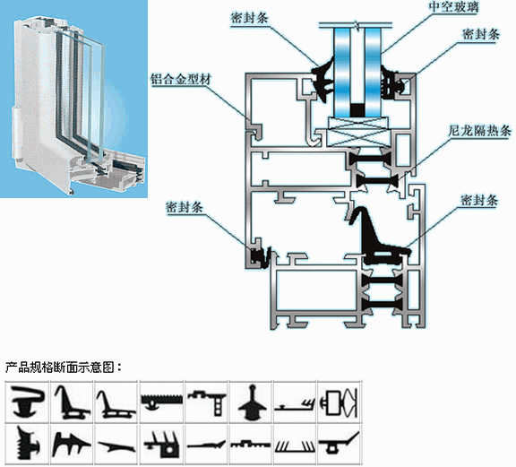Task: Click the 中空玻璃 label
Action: [453, 7]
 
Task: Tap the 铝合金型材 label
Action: [181, 79]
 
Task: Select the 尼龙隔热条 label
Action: [478, 131]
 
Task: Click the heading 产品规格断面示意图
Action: [59, 367]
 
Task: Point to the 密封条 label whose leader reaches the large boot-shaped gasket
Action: [479, 200]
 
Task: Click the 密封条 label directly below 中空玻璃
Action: [481, 34]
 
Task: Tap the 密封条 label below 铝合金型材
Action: [185, 207]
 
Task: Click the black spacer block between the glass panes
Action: [357, 110]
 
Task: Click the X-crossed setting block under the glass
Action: [358, 132]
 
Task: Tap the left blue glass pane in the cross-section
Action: [342, 73]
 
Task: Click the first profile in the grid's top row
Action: [28, 402]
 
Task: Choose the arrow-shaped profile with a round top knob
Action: [252, 402]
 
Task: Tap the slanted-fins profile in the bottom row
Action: [296, 445]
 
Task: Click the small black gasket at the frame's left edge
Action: [261, 255]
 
